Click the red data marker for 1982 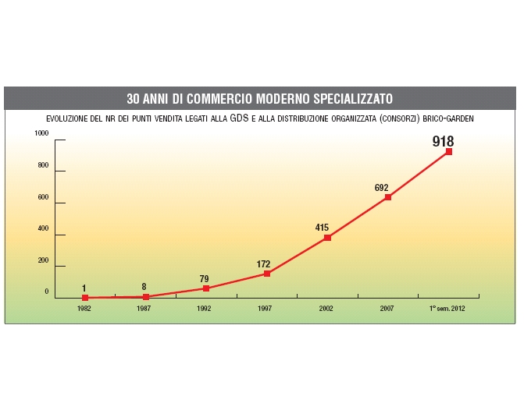tap(84, 298)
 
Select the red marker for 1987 tap(146, 297)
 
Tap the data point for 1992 tap(206, 288)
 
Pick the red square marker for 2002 tap(327, 238)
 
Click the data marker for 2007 tap(388, 197)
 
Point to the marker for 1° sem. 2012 tap(449, 152)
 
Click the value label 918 tap(443, 142)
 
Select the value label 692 tap(382, 188)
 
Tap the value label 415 tap(322, 228)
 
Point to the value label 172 tap(263, 264)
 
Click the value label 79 tap(204, 278)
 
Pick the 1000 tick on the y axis tap(41, 133)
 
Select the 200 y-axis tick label tap(43, 260)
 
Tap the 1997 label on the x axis tap(266, 309)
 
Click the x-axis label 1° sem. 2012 tap(447, 309)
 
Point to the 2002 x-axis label tap(326, 309)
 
